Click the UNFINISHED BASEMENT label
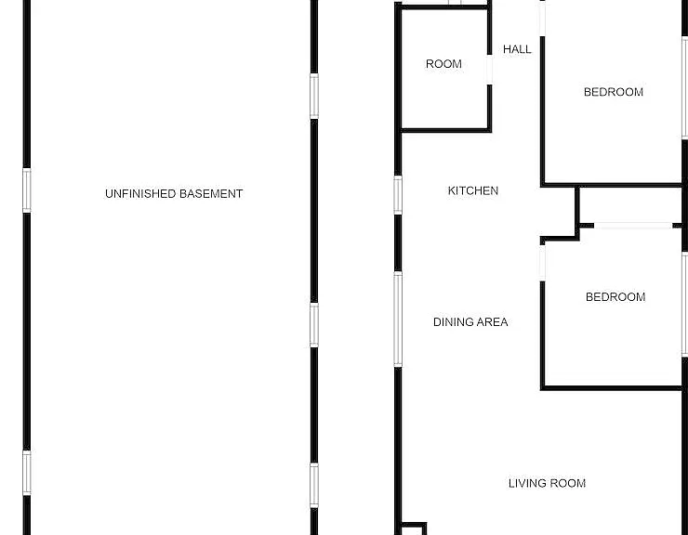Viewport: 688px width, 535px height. [174, 194]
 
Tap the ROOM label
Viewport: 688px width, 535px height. [443, 64]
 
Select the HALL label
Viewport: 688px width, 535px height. [517, 49]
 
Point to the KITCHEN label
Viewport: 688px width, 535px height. [473, 190]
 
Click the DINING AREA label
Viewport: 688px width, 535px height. [470, 322]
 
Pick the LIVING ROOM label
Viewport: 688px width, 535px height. [548, 483]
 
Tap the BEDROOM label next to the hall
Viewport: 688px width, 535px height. [614, 92]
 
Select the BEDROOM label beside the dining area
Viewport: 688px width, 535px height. [615, 297]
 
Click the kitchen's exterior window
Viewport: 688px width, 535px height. [398, 195]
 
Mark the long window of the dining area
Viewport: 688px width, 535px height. [398, 319]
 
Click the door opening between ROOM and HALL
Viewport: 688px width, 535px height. [489, 70]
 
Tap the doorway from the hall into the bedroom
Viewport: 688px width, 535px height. [542, 18]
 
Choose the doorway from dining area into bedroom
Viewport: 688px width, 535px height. [542, 262]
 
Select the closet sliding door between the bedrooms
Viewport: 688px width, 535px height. [633, 226]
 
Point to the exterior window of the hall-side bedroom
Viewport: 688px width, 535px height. [684, 88]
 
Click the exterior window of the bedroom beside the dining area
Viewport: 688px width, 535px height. [684, 305]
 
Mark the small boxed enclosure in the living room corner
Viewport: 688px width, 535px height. [414, 528]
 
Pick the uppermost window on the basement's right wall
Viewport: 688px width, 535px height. [314, 96]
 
